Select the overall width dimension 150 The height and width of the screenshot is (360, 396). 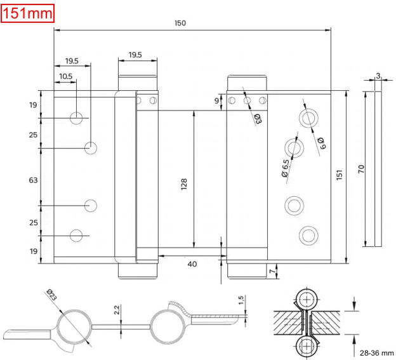pos(180,23)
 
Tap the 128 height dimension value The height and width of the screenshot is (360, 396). pos(184,183)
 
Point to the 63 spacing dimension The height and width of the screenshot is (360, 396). pos(33,180)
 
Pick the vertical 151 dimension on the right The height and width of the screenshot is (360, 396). pos(339,174)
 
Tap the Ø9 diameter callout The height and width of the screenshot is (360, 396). pos(322,143)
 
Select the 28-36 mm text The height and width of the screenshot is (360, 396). pos(375,352)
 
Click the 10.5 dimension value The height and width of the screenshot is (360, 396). pos(65,76)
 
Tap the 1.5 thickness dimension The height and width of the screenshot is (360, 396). pos(242,300)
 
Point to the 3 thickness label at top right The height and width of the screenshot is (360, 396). pos(378,76)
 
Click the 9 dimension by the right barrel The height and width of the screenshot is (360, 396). pos(216,101)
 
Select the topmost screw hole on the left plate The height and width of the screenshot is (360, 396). pos(77,117)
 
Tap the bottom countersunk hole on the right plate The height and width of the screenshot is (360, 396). pos(308,234)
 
